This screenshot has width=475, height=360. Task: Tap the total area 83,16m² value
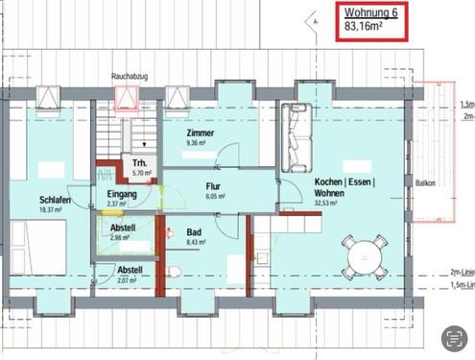pyautogui.click(x=365, y=28)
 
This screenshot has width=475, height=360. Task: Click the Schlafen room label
pyautogui.click(x=30, y=200)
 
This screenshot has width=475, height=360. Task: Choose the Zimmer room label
pyautogui.click(x=202, y=134)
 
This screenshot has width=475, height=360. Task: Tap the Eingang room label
pyautogui.click(x=122, y=194)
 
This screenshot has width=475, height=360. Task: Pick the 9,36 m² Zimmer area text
pyautogui.click(x=202, y=144)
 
